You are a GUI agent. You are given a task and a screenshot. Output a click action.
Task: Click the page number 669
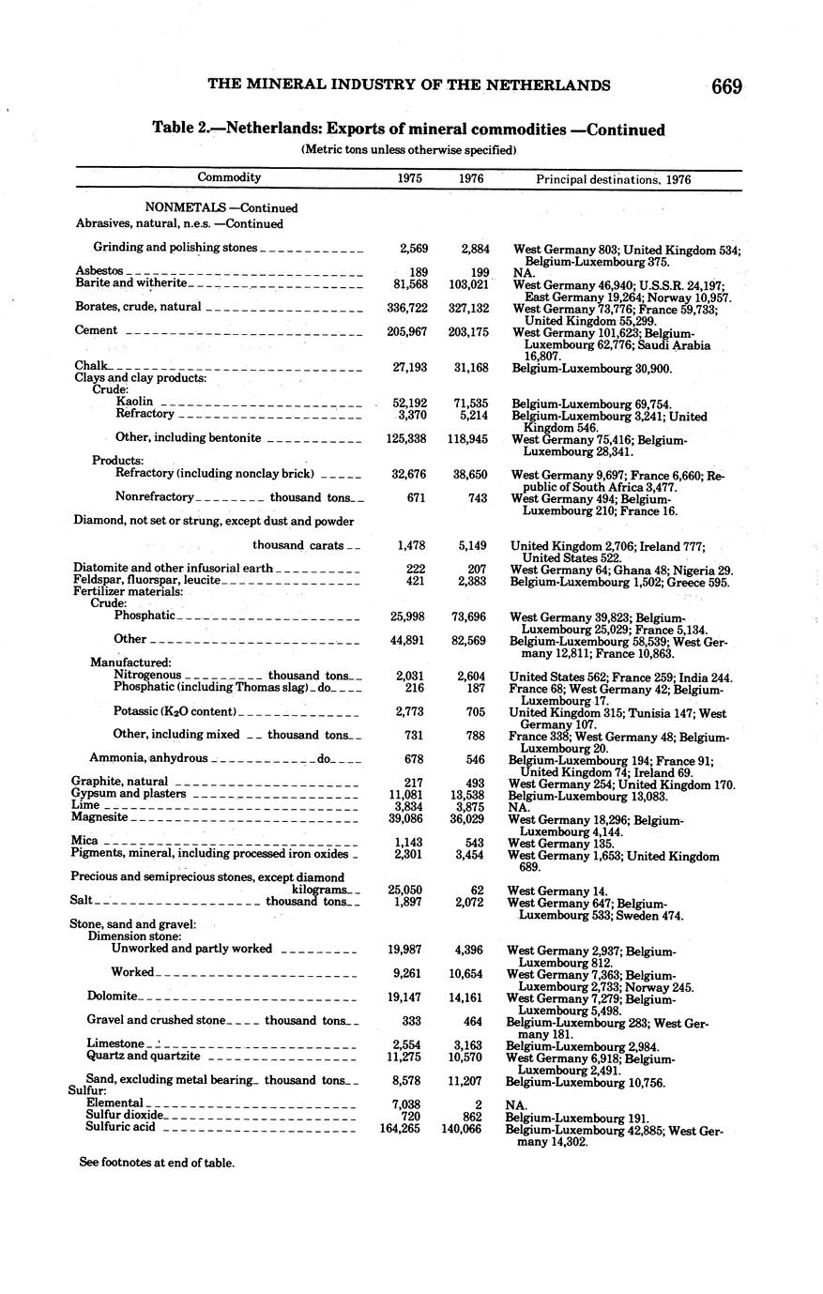[x=726, y=86]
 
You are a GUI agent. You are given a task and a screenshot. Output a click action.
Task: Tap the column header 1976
[x=470, y=178]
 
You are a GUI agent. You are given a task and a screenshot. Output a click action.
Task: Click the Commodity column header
[x=229, y=177]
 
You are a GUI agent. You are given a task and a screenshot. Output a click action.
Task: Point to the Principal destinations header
[x=613, y=178]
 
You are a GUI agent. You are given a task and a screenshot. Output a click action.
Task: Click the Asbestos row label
[x=99, y=270]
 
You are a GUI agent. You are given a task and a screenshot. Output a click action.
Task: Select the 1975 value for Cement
[x=409, y=330]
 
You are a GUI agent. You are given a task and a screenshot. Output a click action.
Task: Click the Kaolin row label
[x=135, y=402]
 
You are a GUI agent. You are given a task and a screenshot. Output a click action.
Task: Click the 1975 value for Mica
[x=409, y=842]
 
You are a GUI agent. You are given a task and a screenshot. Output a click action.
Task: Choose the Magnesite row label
[x=99, y=817]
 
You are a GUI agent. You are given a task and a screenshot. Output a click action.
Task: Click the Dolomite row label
[x=113, y=996]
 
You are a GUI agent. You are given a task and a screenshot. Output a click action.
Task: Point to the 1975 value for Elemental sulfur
[x=406, y=1104]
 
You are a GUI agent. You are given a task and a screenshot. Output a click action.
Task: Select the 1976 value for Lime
[x=467, y=806]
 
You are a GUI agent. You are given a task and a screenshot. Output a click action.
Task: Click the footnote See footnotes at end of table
[x=157, y=1163]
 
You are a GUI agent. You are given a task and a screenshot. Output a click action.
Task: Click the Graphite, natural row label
[x=120, y=782]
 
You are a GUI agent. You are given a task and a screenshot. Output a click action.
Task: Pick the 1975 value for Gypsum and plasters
[x=407, y=794]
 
